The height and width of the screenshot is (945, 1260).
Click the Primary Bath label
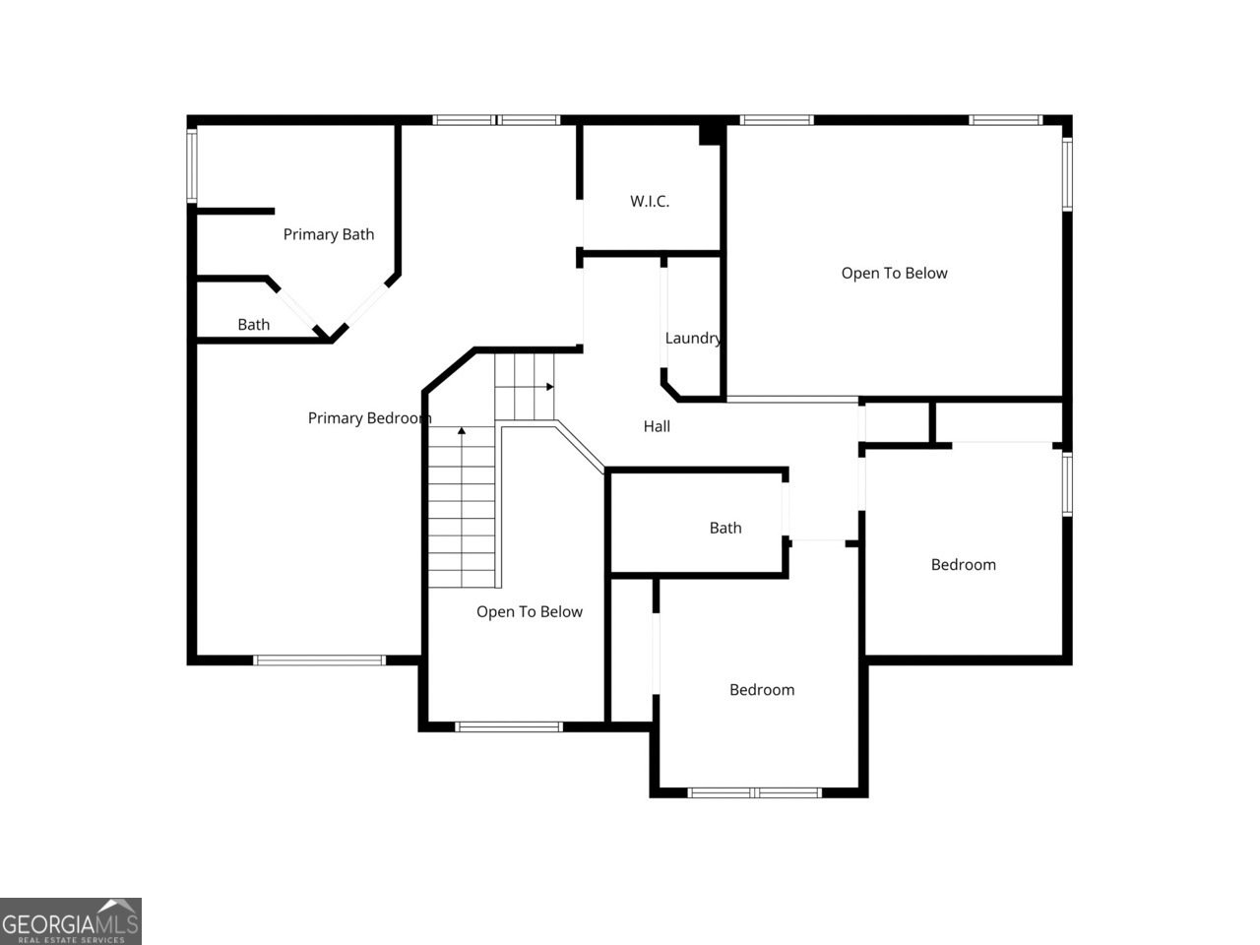328,234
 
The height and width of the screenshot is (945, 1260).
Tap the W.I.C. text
650,202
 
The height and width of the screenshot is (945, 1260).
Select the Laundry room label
693,339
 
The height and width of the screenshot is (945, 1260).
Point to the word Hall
657,426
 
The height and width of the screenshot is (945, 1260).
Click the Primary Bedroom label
369,418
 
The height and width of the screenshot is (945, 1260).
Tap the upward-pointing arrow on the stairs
462,431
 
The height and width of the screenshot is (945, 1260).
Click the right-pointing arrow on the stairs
548,387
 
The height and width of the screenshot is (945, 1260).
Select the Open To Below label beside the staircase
530,612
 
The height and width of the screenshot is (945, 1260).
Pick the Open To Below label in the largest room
894,274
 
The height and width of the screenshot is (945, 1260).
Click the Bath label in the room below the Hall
725,529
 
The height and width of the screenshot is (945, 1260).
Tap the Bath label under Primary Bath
253,325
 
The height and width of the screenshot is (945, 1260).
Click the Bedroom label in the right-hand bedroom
963,565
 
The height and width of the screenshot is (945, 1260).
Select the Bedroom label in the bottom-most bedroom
761,690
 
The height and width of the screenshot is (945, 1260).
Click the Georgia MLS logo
71,921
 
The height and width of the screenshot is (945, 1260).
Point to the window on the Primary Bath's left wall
193,165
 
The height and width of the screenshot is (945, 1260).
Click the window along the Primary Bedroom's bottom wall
319,660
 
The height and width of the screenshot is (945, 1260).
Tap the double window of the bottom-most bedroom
754,792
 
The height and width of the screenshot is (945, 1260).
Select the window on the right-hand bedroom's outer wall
1067,483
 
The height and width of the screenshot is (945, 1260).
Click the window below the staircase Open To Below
508,727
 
